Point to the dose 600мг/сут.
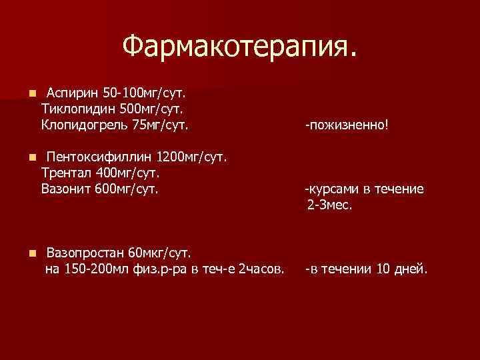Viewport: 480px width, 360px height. [x=126, y=189]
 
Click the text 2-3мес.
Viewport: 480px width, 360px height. [x=330, y=206]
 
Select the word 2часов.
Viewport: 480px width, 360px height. [x=261, y=270]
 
